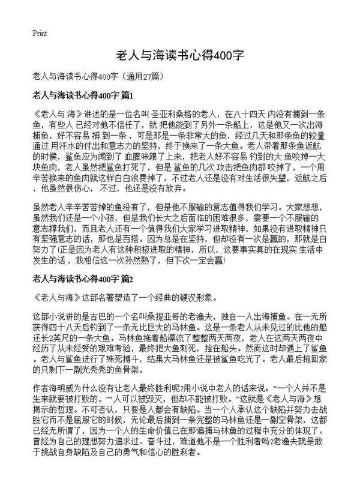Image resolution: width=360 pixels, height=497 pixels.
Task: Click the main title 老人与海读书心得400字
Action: [179, 56]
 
